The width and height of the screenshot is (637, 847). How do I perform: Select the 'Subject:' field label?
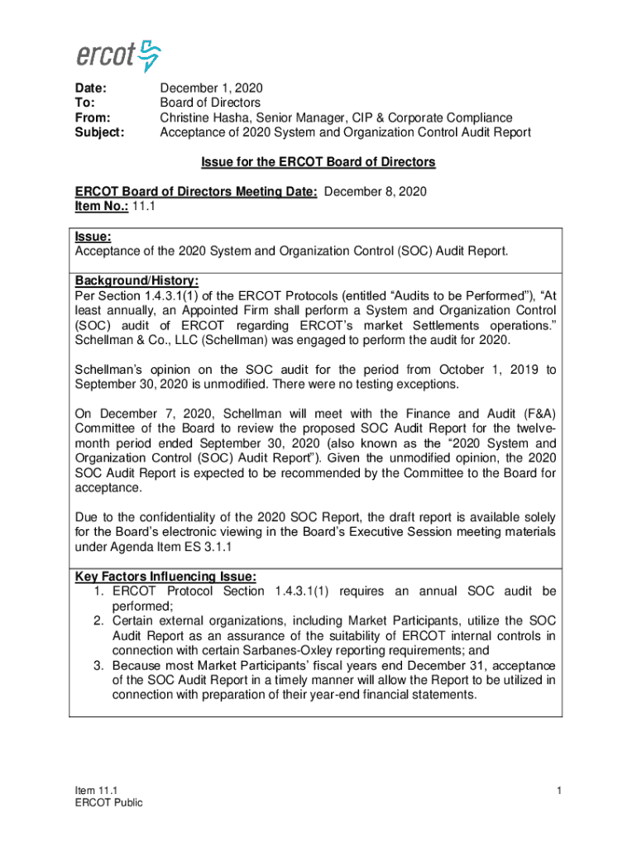[99, 132]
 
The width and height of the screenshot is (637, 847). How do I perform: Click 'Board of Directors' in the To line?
[210, 103]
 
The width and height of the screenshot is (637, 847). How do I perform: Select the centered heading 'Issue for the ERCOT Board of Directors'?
[318, 162]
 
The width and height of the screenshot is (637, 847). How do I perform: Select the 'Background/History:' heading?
[136, 280]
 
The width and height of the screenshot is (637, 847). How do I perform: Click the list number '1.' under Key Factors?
[98, 591]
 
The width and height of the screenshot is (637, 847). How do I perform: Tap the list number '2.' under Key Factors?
[98, 620]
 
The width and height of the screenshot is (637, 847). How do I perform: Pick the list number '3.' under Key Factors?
[98, 665]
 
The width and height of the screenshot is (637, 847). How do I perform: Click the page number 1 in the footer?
[559, 792]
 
